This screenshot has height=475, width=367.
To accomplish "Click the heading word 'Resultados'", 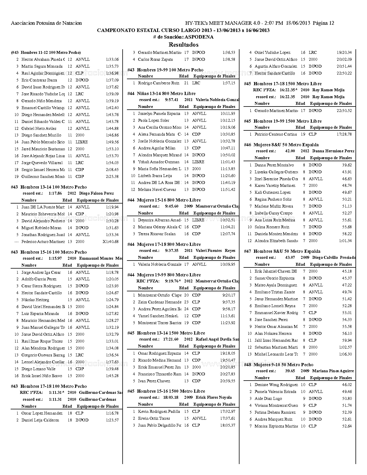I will (183, 45).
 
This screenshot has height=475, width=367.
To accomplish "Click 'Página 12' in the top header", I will (323, 23).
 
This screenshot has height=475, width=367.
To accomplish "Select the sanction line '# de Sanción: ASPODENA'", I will (183, 37).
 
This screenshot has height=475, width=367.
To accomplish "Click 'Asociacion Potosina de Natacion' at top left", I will (46, 23).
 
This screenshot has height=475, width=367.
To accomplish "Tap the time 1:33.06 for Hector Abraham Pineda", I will (112, 60).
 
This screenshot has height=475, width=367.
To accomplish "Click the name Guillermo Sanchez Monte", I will (43, 177).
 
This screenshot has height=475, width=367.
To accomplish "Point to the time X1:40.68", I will (111, 242).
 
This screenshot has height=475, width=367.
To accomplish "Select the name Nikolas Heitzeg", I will (35, 300).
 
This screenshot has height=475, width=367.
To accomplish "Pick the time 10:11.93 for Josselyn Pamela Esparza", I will (228, 114).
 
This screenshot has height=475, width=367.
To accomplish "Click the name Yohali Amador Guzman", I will (159, 162).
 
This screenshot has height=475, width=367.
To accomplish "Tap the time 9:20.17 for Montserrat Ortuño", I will (229, 295).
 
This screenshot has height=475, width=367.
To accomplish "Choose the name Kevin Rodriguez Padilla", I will (159, 412).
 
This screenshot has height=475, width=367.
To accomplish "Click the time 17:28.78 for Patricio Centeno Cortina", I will (344, 134).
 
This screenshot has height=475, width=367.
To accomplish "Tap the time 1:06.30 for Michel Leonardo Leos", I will (345, 354).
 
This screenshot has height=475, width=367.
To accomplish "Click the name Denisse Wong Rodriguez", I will (276, 385).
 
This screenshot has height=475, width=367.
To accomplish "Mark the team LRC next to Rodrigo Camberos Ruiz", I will (196, 83).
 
